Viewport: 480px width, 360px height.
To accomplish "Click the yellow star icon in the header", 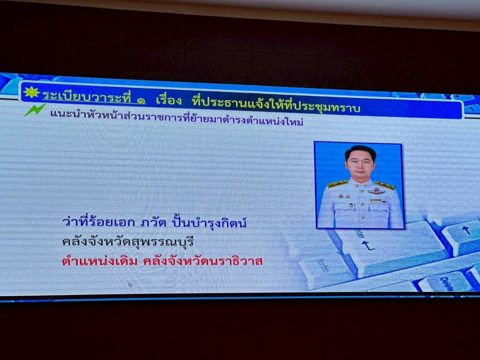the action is coord(31,93).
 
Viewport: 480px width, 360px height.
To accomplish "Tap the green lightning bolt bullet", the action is coord(35,109).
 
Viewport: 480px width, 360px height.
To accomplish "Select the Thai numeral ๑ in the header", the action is coord(141,100).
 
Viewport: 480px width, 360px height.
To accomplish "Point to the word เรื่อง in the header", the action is coord(169,100).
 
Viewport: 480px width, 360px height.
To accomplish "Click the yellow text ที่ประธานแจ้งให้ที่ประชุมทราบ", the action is coord(276,104).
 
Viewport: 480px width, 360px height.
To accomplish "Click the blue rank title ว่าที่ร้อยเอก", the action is coord(98,221).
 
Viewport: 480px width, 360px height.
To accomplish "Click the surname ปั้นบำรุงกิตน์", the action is coord(209,223).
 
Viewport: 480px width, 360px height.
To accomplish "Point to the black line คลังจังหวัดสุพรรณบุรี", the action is coord(128,242).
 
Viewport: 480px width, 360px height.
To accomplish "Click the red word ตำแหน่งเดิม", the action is coord(100,261).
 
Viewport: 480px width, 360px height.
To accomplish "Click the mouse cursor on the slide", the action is coord(130,285).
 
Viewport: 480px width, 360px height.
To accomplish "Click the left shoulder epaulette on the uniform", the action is coord(338,183).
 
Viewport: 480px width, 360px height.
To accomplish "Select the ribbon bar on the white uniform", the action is coord(378,201).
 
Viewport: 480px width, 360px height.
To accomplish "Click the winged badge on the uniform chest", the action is coord(376,191).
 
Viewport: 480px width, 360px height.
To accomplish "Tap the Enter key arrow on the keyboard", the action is coord(368,245).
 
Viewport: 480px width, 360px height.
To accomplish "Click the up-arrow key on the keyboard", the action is coord(466,230).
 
